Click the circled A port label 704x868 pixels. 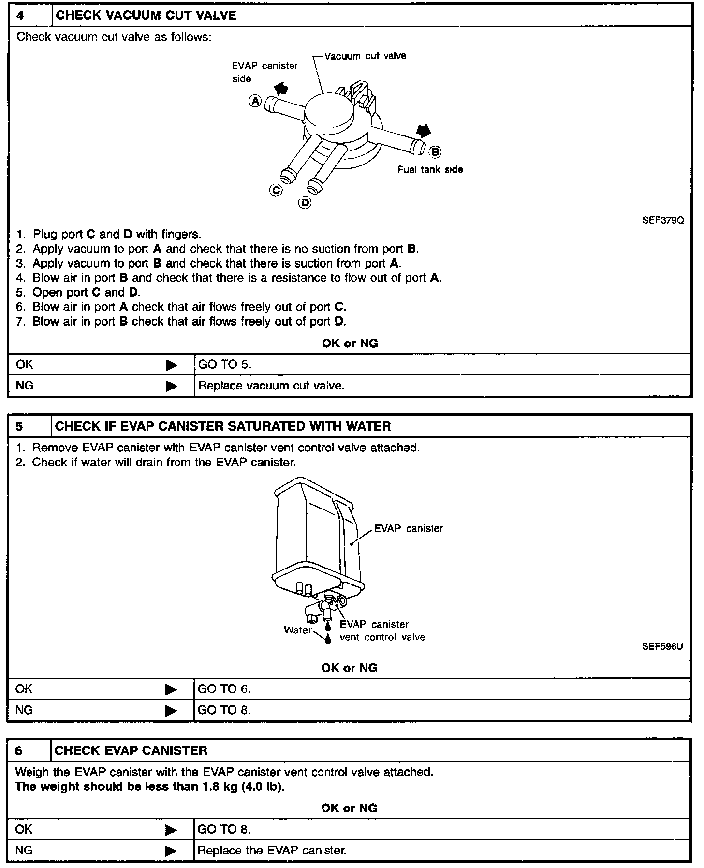(255, 101)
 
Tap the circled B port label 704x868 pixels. (435, 152)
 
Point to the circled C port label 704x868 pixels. (276, 190)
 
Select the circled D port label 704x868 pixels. (305, 202)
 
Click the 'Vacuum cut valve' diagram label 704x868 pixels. (365, 56)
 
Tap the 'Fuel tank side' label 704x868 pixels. (430, 169)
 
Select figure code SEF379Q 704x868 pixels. (663, 220)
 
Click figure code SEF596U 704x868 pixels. (662, 646)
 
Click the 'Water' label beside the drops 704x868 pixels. (298, 630)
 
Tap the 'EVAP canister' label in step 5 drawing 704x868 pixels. (409, 528)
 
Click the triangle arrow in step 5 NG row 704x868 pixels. (171, 711)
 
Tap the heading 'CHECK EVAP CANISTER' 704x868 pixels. (131, 751)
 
